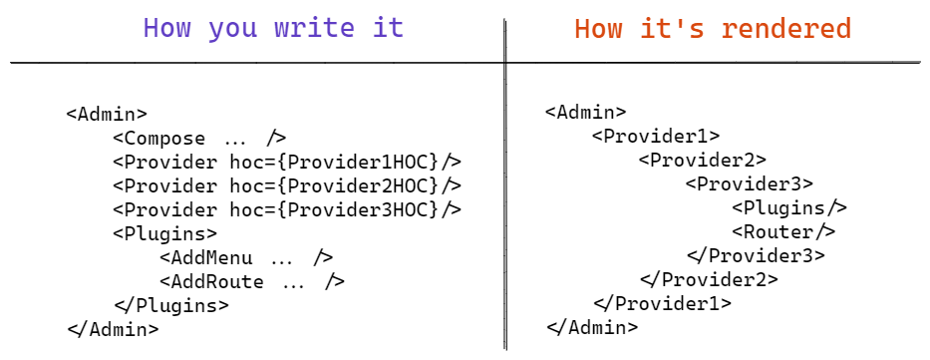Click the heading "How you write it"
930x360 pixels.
click(x=273, y=28)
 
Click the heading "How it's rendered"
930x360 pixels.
click(x=712, y=28)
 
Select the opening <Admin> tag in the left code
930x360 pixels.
click(x=107, y=114)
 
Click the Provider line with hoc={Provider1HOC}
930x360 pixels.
click(x=287, y=162)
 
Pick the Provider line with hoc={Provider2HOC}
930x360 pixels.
click(x=287, y=185)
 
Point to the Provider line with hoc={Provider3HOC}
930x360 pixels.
click(x=287, y=209)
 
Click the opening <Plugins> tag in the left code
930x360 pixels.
click(x=164, y=233)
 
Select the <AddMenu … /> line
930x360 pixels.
click(x=246, y=257)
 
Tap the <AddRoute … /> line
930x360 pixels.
click(x=252, y=281)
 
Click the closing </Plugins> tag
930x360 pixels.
click(x=171, y=305)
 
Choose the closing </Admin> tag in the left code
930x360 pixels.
click(x=113, y=328)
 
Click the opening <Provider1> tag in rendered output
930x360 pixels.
click(x=656, y=136)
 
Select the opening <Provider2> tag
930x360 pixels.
click(x=703, y=160)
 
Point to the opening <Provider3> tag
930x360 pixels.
click(x=750, y=183)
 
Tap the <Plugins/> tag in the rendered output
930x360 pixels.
click(x=789, y=207)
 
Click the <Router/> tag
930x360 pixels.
click(x=783, y=231)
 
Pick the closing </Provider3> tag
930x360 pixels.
click(x=756, y=255)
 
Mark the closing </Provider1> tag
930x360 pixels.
click(x=662, y=303)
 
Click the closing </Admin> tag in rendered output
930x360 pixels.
click(x=592, y=326)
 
